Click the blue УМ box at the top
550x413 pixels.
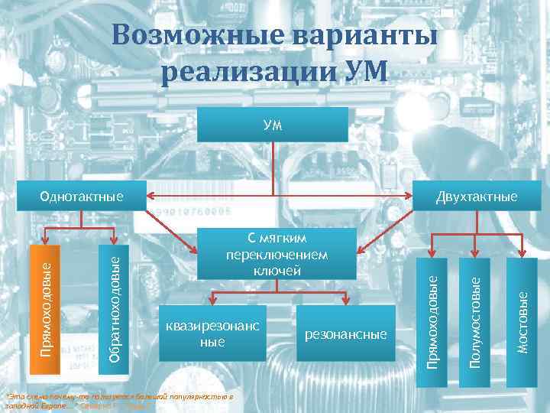tap(273, 124)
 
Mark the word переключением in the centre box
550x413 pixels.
tap(277, 254)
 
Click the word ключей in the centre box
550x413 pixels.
tap(277, 270)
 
